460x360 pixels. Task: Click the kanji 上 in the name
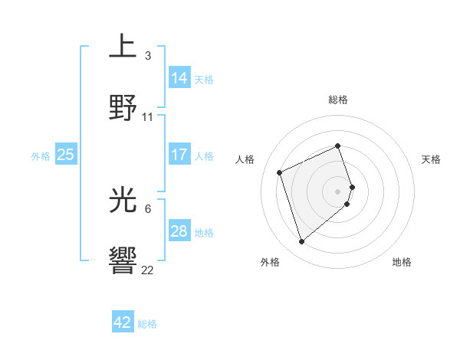click(x=123, y=47)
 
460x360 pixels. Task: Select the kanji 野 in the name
click(x=123, y=108)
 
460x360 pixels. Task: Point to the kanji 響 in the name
click(x=123, y=261)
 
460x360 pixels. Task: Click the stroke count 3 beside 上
click(x=148, y=55)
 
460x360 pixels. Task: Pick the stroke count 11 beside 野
click(x=148, y=117)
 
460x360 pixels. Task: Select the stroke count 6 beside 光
click(x=148, y=208)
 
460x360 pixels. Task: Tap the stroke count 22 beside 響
click(x=148, y=270)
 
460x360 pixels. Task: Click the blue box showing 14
click(x=179, y=78)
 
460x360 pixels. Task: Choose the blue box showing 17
click(x=179, y=155)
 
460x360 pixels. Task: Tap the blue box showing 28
click(x=179, y=231)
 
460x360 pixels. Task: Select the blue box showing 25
click(x=65, y=155)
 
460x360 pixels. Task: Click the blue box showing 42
click(x=123, y=322)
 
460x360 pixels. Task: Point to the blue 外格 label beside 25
click(x=41, y=156)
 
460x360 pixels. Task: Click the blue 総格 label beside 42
click(x=147, y=324)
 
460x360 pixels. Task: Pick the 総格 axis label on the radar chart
click(x=338, y=100)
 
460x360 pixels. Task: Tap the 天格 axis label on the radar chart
click(x=431, y=159)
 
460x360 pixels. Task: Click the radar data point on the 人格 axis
click(x=280, y=172)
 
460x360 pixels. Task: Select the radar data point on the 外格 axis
click(x=302, y=242)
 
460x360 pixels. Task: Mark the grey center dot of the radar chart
click(x=338, y=191)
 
